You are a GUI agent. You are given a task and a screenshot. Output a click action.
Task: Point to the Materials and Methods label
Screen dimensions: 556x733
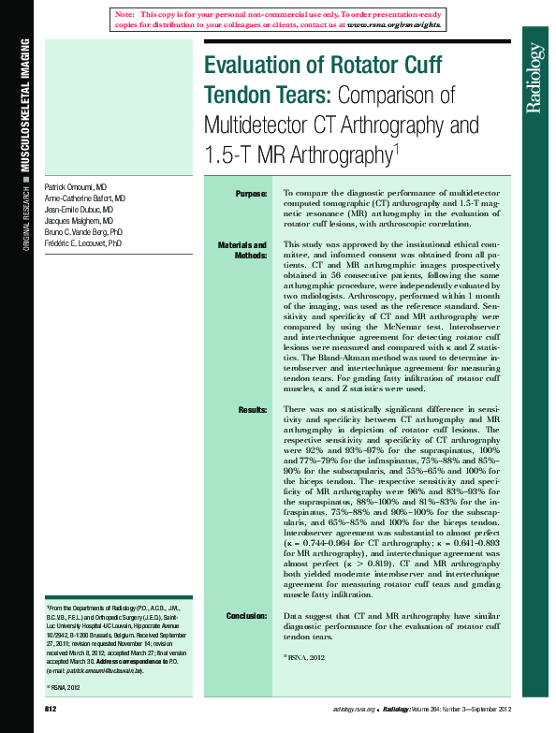coord(242,250)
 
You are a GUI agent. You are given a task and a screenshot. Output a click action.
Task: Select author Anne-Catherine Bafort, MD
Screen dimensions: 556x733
coord(85,199)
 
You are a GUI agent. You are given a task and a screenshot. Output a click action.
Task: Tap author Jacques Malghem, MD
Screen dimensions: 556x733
coord(79,222)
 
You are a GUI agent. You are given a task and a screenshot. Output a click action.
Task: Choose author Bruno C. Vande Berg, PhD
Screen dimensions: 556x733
coord(83,232)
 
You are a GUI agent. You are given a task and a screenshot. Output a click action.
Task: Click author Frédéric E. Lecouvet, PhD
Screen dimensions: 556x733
coord(83,243)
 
